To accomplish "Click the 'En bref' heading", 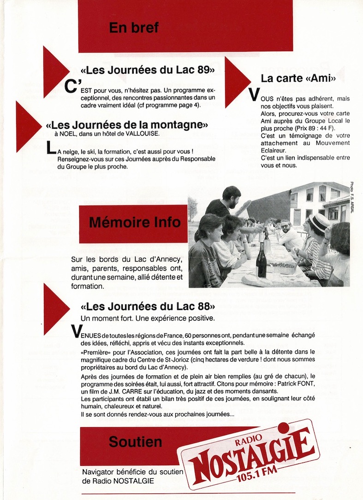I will pos(134,28).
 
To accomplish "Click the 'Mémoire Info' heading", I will pos(135,223).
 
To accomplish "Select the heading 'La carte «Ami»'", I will pos(298,78).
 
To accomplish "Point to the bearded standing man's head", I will pos(232,196).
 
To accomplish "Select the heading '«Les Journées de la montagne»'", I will pos(127,125).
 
